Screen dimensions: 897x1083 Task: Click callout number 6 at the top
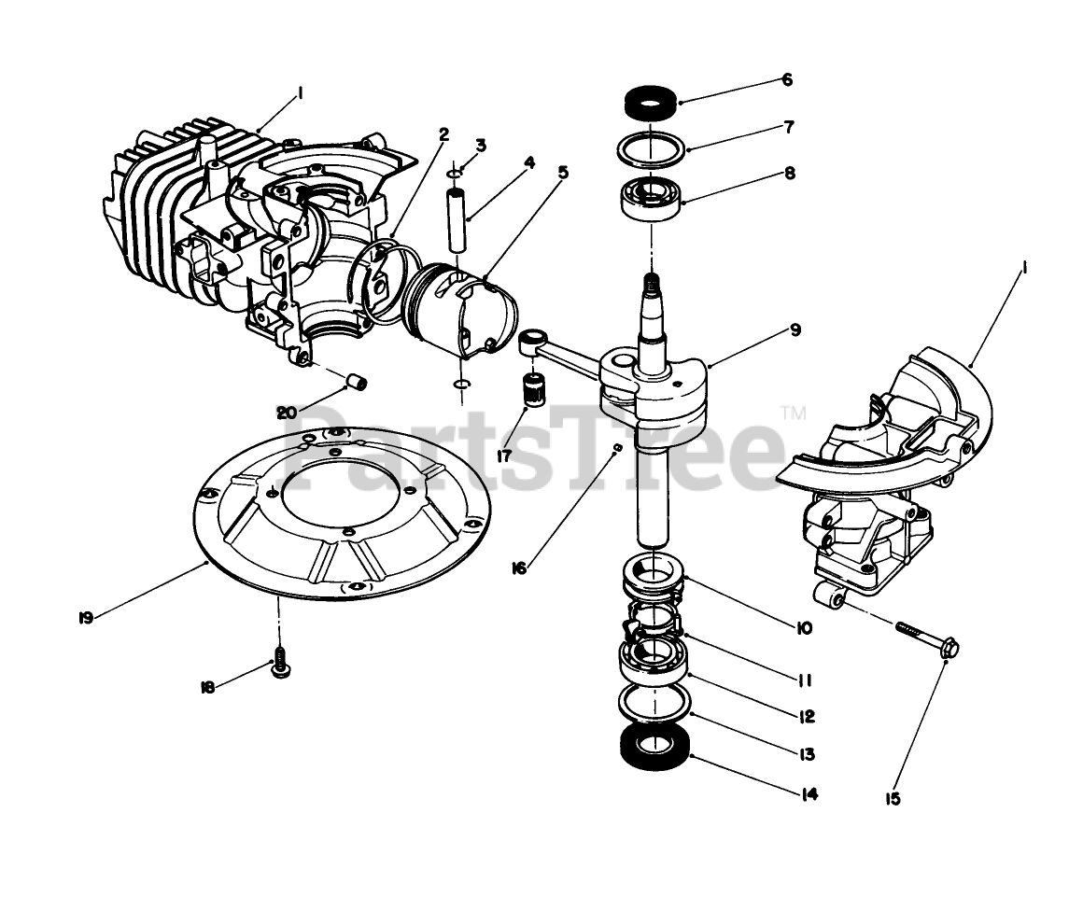tap(787, 80)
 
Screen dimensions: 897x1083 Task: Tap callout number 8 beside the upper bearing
tap(790, 173)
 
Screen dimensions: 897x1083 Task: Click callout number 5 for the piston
tap(562, 172)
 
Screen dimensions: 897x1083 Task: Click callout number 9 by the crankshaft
tap(794, 329)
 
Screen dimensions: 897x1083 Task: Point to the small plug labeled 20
tap(357, 381)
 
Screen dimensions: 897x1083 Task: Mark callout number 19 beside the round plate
tap(86, 618)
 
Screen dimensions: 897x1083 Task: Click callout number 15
tap(893, 798)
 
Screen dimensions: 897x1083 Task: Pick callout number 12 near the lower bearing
tap(807, 717)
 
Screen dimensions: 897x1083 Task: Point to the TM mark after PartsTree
tap(793, 412)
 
